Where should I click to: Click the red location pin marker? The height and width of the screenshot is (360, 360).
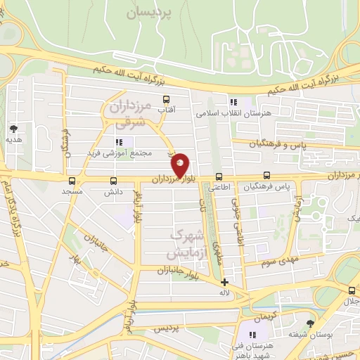click(x=181, y=165)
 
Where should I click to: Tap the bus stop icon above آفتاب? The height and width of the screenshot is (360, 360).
click(x=167, y=99)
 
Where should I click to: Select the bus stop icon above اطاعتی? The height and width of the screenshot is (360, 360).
click(x=219, y=176)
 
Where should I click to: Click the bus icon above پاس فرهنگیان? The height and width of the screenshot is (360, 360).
click(x=266, y=176)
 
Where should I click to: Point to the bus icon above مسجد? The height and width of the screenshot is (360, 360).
click(x=71, y=180)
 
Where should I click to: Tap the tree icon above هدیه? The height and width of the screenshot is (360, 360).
click(x=13, y=129)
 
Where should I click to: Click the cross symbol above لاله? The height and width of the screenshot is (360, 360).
click(x=224, y=282)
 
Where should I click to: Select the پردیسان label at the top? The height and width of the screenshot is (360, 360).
click(x=150, y=13)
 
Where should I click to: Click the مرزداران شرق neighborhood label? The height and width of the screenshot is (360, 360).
click(x=131, y=114)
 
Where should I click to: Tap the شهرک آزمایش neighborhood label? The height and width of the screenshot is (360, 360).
click(x=187, y=243)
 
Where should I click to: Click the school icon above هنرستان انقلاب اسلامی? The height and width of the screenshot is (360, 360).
click(x=235, y=103)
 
